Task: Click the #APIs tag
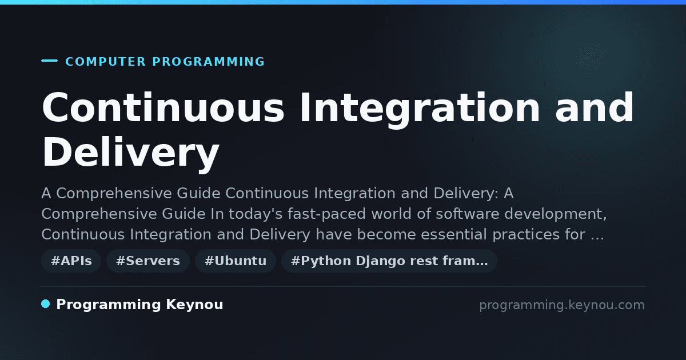coord(71,261)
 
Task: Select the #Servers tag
coord(148,261)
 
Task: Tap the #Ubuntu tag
coord(236,261)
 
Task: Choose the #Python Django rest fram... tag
coord(389,261)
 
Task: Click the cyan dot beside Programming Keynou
coord(46,304)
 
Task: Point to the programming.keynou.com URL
coord(562,305)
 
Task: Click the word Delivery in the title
coord(131,153)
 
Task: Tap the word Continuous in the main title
coord(163,107)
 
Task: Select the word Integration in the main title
coord(420,109)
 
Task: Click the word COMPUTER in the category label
coord(106,62)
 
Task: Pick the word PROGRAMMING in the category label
coord(209,62)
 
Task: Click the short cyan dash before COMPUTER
coord(49,61)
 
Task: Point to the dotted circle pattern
coord(591,57)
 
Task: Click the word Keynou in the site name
coord(194,304)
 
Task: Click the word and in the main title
coord(595,107)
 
